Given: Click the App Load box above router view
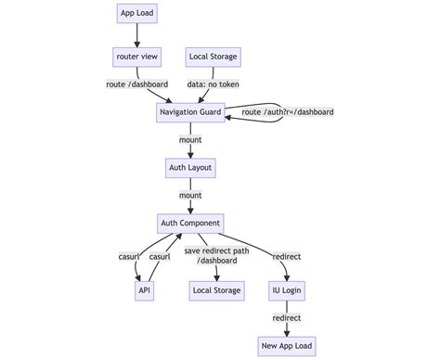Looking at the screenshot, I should click(137, 12).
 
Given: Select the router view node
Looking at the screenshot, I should click(137, 57).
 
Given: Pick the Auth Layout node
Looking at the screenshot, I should click(189, 168).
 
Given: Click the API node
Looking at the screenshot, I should click(145, 290).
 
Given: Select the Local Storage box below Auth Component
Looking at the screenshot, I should click(216, 290).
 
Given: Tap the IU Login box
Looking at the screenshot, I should click(287, 290).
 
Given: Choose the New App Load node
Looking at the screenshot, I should click(287, 345).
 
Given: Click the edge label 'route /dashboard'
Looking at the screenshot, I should click(137, 84).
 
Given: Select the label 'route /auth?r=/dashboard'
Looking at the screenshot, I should click(287, 112).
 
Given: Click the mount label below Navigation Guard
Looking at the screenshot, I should click(189, 140).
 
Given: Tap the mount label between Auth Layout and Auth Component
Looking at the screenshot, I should click(189, 196).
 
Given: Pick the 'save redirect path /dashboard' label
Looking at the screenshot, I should click(216, 256).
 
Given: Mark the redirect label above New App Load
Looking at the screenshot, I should click(287, 317).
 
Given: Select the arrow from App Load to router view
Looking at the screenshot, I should click(137, 34).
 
